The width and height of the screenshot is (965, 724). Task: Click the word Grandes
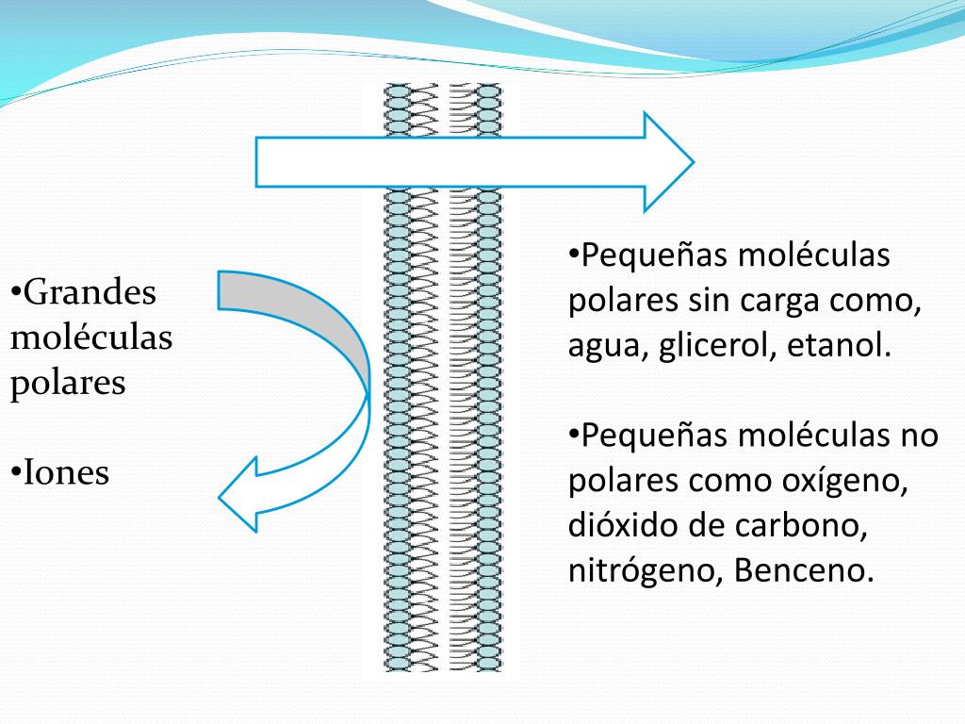tap(90, 292)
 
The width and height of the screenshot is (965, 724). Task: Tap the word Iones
tap(66, 472)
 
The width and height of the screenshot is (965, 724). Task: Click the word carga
tap(774, 302)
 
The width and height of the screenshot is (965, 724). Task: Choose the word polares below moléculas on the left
tap(68, 384)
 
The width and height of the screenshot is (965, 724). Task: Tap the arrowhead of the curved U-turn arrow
tap(241, 494)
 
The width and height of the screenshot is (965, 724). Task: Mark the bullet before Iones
tap(16, 472)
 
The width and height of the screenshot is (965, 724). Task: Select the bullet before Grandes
tap(16, 292)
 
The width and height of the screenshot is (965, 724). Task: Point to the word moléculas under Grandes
tap(91, 337)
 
